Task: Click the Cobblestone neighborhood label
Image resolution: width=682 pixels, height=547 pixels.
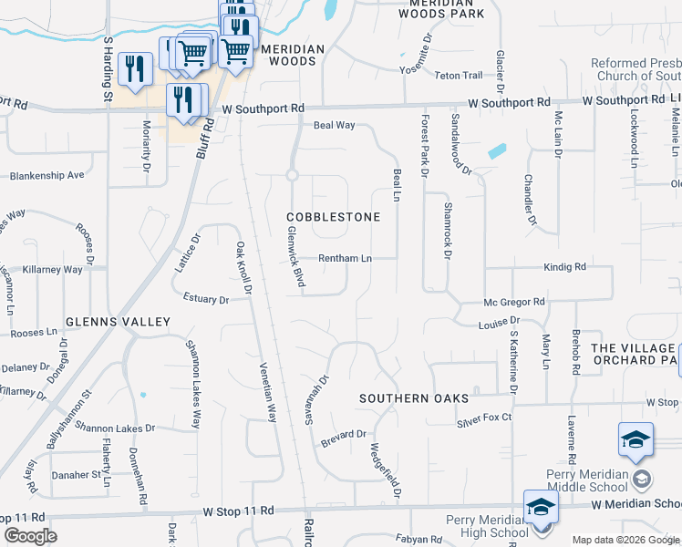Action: (x=332, y=217)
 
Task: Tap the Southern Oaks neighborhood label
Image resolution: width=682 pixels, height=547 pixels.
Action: (x=414, y=398)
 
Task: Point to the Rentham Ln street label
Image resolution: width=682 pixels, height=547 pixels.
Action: (x=345, y=258)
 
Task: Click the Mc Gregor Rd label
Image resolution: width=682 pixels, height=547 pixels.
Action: (x=514, y=301)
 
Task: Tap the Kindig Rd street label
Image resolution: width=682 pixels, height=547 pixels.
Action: (x=564, y=267)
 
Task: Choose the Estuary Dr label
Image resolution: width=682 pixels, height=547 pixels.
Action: (x=205, y=298)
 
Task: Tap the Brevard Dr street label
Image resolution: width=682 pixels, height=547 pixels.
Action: (x=343, y=434)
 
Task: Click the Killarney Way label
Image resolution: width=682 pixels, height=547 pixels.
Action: (x=54, y=270)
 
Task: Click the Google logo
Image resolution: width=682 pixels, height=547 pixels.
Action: (x=30, y=536)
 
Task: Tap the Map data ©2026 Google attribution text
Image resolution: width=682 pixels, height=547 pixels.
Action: (x=625, y=540)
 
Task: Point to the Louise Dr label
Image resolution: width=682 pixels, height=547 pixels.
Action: (x=499, y=322)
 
